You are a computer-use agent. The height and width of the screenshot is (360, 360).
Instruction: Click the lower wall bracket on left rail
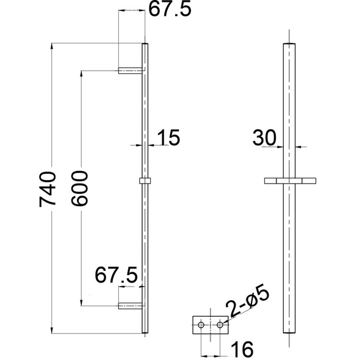(130, 306)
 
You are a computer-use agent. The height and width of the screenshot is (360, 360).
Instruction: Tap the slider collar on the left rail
(145, 181)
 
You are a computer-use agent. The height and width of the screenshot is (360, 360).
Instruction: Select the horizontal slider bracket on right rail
(290, 181)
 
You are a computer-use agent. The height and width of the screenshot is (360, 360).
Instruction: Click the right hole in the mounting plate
(220, 325)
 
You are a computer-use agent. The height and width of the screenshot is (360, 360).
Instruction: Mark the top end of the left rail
(145, 45)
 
